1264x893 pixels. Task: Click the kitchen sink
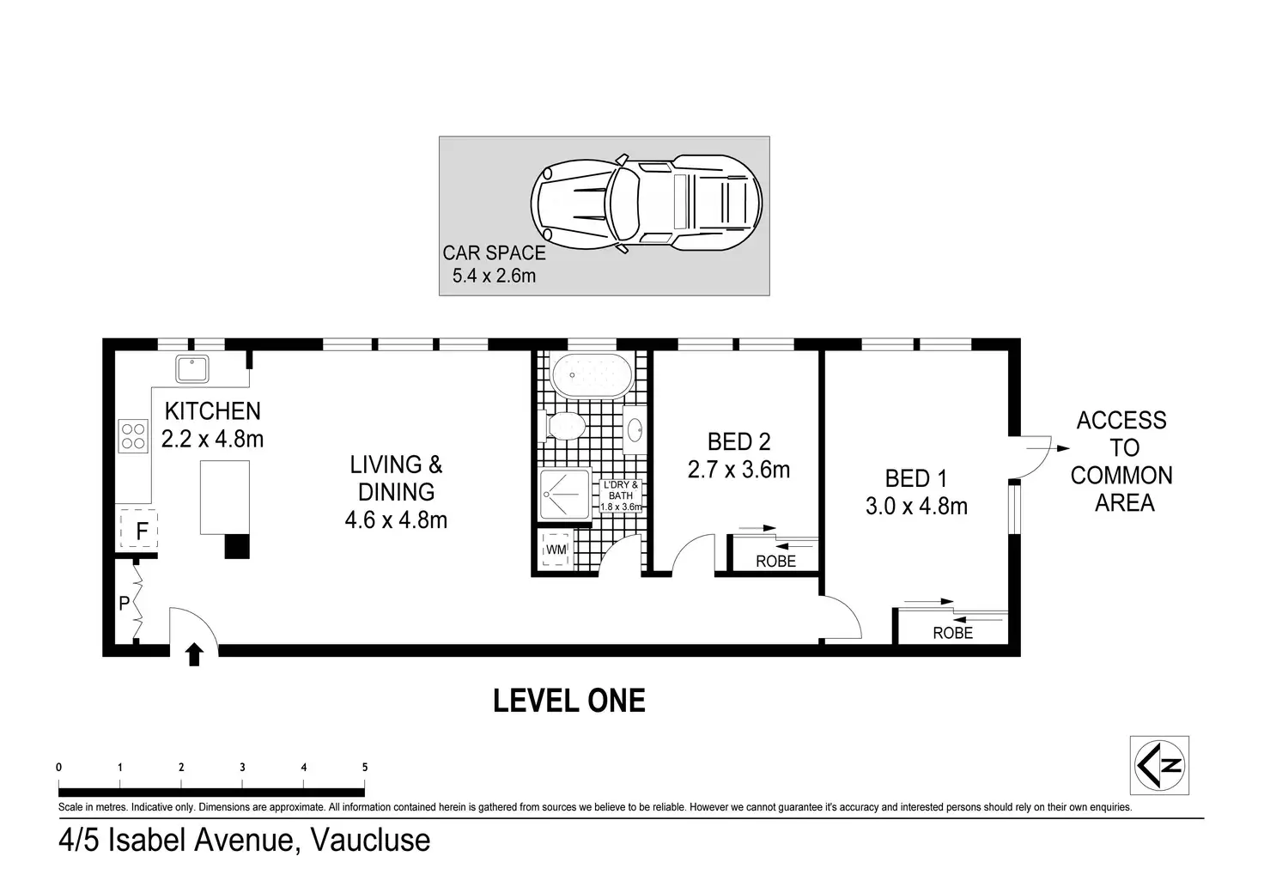coord(191,369)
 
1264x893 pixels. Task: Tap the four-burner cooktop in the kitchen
coord(133,436)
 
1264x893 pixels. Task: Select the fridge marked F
coord(138,529)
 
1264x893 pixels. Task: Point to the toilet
coord(562,426)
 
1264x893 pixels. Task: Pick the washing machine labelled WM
coord(556,549)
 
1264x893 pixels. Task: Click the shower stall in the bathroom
coord(565,495)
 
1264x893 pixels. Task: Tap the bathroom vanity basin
coord(635,430)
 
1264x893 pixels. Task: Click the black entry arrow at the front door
coord(195,653)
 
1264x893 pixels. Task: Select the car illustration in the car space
coord(646,204)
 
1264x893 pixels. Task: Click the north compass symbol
coord(1159,766)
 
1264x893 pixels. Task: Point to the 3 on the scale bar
coord(243,767)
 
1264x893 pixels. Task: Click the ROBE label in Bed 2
coord(776,562)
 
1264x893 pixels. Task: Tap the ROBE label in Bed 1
coord(953,633)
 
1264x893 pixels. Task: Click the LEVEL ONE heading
coord(568,701)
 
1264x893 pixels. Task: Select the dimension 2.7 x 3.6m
coord(738,470)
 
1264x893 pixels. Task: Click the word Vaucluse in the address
coord(371,840)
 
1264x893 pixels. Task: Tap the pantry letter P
coord(125,604)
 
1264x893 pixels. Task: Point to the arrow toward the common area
coord(1048,448)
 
